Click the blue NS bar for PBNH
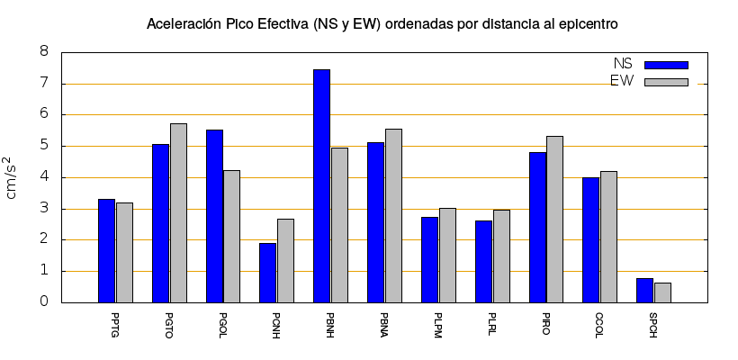pos(321,185)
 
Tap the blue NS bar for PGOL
pos(214,216)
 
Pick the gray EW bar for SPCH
pos(662,292)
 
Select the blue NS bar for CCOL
pos(590,239)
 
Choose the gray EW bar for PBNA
pos(393,215)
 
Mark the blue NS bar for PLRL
pos(483,261)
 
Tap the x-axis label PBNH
pos(330,323)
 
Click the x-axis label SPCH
pos(653,323)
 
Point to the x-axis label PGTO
pos(169,323)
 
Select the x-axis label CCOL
pos(599,323)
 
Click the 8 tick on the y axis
pos(43,52)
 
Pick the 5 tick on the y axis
pos(43,146)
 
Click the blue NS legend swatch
pos(666,65)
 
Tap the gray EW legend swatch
pos(666,82)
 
